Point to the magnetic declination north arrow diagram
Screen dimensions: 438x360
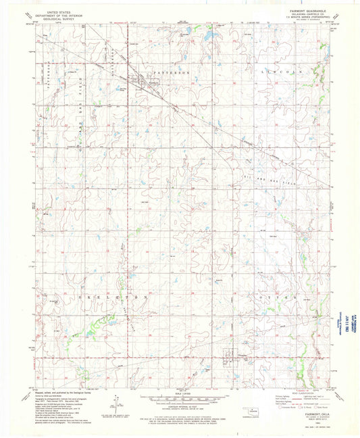[115, 403]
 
